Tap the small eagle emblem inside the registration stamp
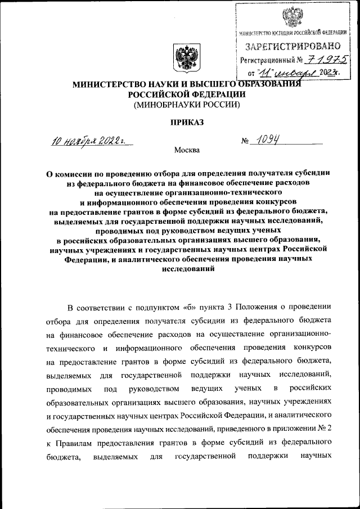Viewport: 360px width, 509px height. pos(292,17)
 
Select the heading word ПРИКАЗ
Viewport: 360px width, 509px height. pos(186,121)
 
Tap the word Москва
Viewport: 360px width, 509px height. pos(186,150)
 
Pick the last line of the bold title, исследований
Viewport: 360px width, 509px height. pos(186,269)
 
